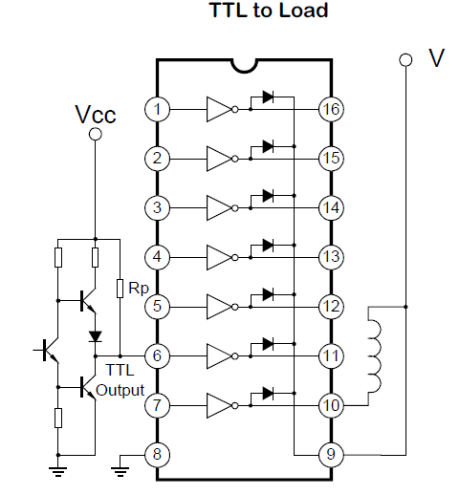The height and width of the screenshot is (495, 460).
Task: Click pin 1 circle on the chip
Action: pos(157,109)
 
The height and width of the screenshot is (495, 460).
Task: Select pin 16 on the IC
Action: pos(331,109)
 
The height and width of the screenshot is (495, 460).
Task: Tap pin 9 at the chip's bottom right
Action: pos(331,455)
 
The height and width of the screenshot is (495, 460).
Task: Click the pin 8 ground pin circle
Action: pos(157,455)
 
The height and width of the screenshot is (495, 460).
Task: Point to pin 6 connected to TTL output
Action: pos(157,355)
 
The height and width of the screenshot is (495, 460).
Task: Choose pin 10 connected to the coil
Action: pos(331,405)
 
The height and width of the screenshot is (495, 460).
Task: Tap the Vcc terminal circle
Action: pos(95,134)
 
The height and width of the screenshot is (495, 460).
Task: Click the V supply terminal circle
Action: pos(405,60)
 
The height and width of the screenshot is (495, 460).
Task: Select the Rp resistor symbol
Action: pos(120,289)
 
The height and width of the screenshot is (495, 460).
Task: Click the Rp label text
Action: pos(139,289)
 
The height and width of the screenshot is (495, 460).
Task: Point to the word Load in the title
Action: pos(303,11)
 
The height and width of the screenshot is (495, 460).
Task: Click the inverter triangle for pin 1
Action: pos(219,109)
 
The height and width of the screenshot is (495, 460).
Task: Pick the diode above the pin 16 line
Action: pos(268,97)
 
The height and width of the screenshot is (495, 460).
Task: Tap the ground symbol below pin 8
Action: pos(120,471)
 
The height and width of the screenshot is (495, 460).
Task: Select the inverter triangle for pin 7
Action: pos(219,405)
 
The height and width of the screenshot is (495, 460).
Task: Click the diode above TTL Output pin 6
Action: pos(95,336)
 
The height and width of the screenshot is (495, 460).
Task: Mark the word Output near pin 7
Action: pos(120,390)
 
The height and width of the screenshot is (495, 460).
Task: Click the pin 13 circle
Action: pos(331,257)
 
